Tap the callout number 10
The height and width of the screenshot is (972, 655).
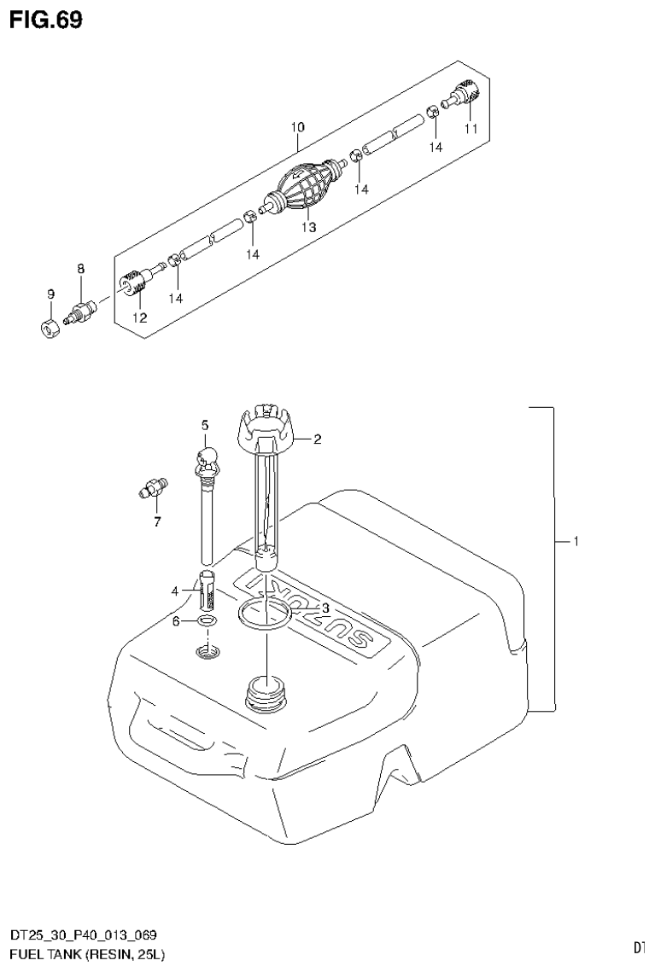tap(296, 127)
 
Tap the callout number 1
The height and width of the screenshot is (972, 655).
tap(576, 541)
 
